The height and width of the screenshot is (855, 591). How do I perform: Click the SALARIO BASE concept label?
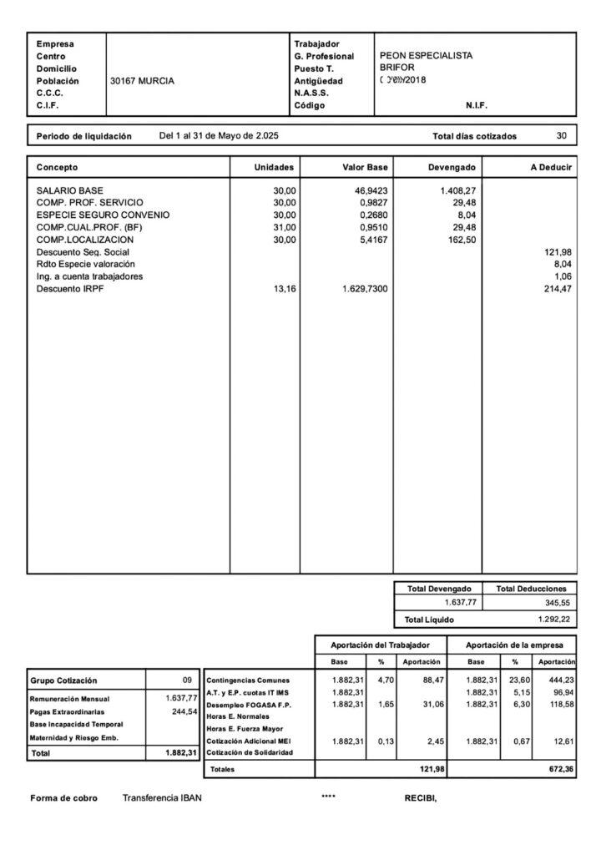tap(70, 190)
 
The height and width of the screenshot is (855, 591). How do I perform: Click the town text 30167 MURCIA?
tap(142, 81)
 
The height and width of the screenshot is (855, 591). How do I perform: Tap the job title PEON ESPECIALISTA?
tap(426, 55)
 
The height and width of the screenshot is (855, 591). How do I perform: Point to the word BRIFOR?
tap(397, 68)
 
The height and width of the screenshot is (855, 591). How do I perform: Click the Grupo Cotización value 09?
tap(187, 680)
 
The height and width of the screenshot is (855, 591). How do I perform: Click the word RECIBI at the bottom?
tap(421, 797)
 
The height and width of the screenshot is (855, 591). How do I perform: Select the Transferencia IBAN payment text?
tap(162, 797)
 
